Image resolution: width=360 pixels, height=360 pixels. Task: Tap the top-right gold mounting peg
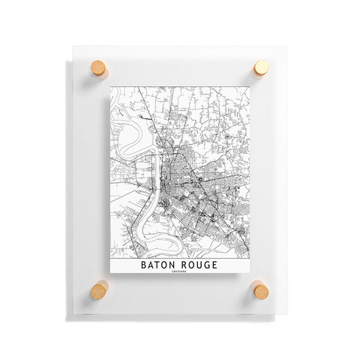pyautogui.click(x=260, y=69)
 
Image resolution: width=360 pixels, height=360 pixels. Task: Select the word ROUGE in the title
pyautogui.click(x=200, y=265)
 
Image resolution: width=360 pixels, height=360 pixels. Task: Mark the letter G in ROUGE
pyautogui.click(x=207, y=265)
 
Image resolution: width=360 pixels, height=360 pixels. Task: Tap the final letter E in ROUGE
pyautogui.click(x=214, y=265)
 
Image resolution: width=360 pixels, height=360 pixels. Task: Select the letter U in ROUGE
pyautogui.click(x=200, y=265)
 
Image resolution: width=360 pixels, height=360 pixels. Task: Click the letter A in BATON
pyautogui.click(x=152, y=265)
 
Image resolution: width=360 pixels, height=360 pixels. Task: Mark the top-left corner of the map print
pyautogui.click(x=111, y=85)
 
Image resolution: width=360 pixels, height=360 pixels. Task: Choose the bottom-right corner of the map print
pyautogui.click(x=247, y=279)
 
